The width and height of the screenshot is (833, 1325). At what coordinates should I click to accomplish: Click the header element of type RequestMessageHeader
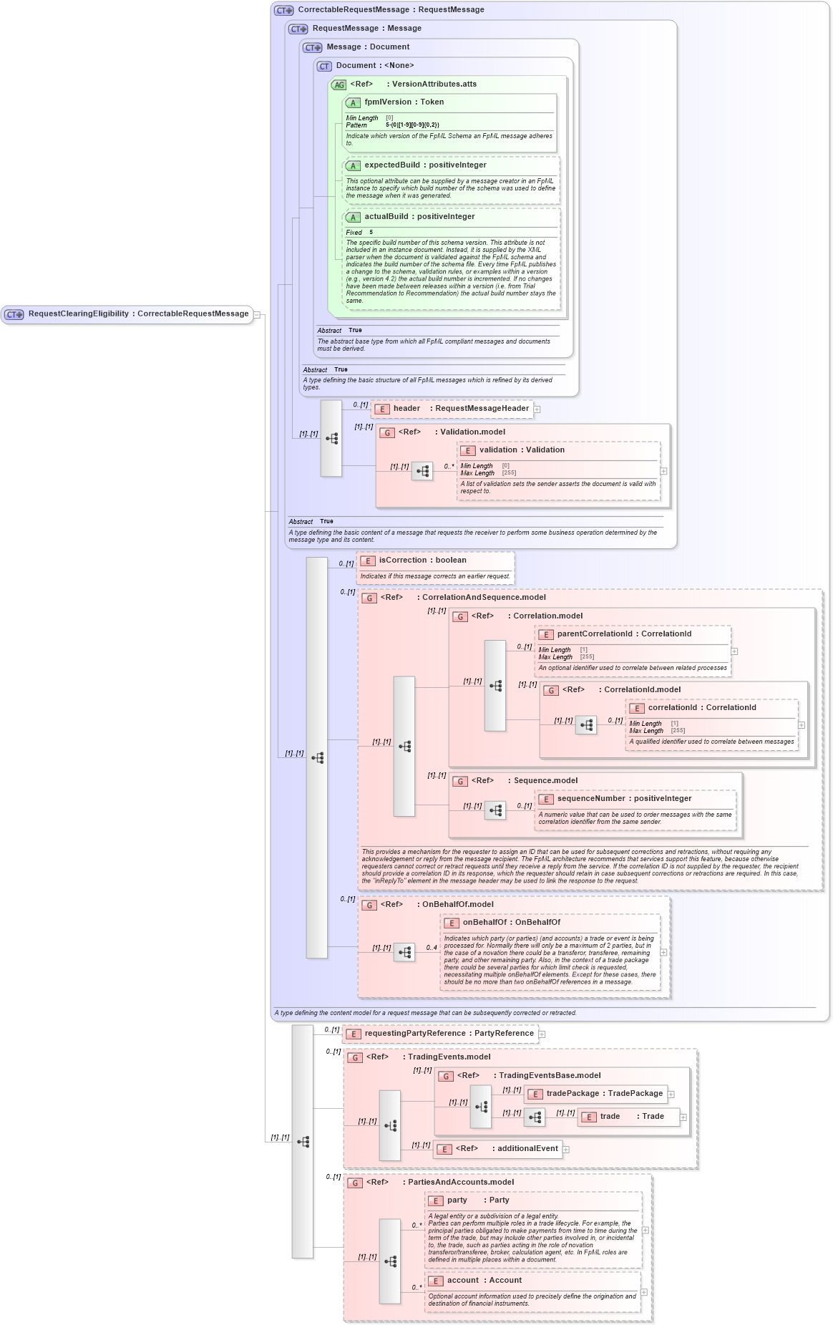coord(460,409)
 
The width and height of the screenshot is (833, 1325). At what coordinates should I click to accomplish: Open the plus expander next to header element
coord(537,409)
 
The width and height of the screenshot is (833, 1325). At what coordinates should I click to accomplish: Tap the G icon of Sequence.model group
coord(460,782)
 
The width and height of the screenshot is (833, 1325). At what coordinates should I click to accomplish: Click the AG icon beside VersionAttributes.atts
coord(338,84)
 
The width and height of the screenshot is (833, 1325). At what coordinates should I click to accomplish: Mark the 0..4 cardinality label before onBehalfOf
coord(432,948)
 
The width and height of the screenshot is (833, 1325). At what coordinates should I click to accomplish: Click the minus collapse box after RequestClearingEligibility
coord(257,314)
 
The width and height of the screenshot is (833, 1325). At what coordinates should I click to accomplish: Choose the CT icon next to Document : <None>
coord(324,66)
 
